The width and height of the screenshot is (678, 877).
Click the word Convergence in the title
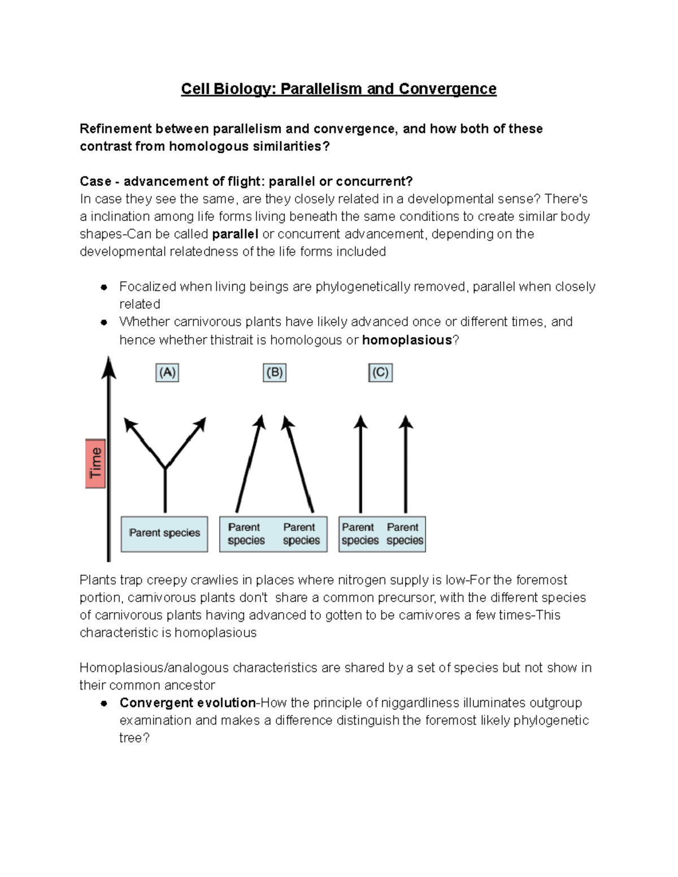[x=447, y=89]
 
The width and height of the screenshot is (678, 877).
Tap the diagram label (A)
[x=167, y=373]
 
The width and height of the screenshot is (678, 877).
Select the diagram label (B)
[x=275, y=373]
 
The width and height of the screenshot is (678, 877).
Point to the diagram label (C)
[x=380, y=373]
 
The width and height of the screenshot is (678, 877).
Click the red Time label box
[x=95, y=463]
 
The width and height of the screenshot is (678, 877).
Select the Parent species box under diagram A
[x=164, y=533]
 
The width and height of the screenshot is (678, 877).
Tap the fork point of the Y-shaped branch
[x=165, y=468]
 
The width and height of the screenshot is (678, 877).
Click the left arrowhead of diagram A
[x=129, y=424]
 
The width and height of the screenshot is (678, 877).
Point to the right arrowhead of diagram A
[x=201, y=424]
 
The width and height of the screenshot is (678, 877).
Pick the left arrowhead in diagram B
[x=260, y=421]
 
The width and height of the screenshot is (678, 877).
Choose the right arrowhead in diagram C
[x=406, y=421]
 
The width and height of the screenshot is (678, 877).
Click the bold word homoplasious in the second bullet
[x=407, y=340]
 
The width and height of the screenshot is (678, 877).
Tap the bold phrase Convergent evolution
[x=188, y=703]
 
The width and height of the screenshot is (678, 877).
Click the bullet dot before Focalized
[x=104, y=287]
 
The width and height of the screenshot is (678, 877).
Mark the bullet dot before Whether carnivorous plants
[x=104, y=322]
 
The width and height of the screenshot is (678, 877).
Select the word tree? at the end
[x=134, y=738]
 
